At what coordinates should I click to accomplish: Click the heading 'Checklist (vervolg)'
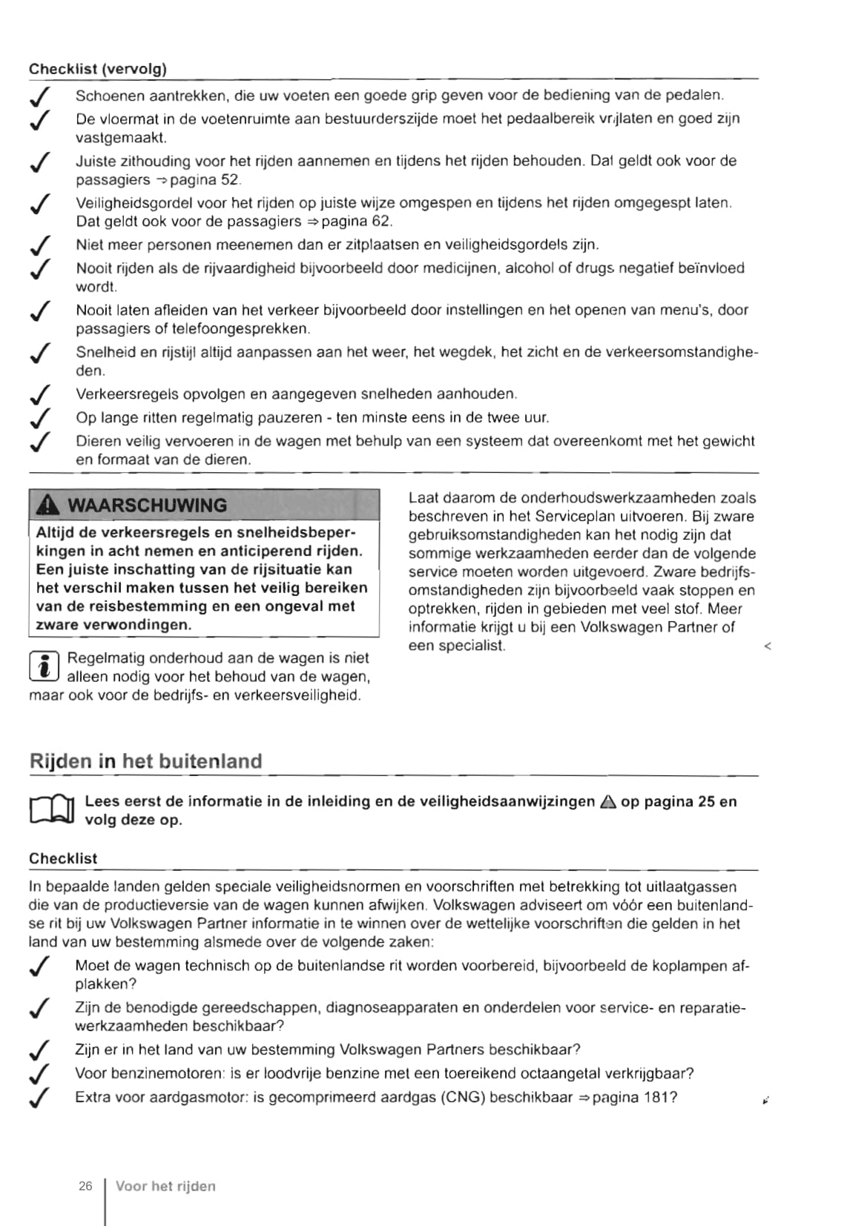(97, 69)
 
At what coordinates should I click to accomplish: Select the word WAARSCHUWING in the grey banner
(147, 506)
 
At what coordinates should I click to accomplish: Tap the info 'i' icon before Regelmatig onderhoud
(44, 666)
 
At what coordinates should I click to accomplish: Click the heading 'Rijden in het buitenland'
(145, 761)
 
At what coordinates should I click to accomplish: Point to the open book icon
(52, 809)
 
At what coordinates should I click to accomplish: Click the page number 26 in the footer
(85, 1186)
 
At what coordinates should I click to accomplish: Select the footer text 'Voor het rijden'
(165, 1186)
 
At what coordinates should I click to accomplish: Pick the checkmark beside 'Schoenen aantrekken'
(40, 96)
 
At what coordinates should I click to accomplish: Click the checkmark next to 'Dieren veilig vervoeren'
(40, 443)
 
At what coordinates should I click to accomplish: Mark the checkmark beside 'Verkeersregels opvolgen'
(40, 395)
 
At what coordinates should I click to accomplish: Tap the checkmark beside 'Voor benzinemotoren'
(40, 1074)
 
